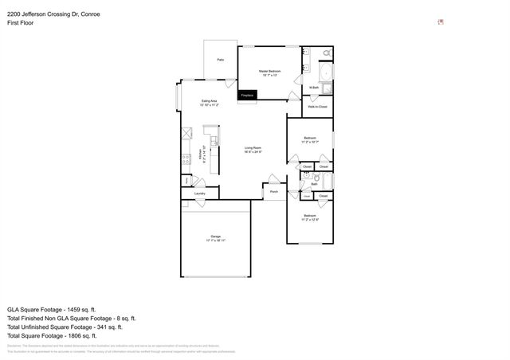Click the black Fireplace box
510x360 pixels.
pyautogui.click(x=248, y=96)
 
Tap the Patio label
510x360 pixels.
pyautogui.click(x=220, y=60)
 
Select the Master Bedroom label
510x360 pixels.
pyautogui.click(x=268, y=71)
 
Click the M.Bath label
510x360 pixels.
pyautogui.click(x=314, y=87)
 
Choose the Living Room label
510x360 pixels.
pyautogui.click(x=253, y=147)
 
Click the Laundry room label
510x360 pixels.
pyautogui.click(x=200, y=194)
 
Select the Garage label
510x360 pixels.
pyautogui.click(x=215, y=236)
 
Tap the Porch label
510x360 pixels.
pyautogui.click(x=273, y=191)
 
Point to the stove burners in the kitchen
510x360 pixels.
pyautogui.click(x=186, y=155)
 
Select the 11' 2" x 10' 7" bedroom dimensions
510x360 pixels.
pyautogui.click(x=310, y=143)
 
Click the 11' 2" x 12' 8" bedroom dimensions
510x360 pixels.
pyautogui.click(x=310, y=219)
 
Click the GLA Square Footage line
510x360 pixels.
pyautogui.click(x=51, y=308)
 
